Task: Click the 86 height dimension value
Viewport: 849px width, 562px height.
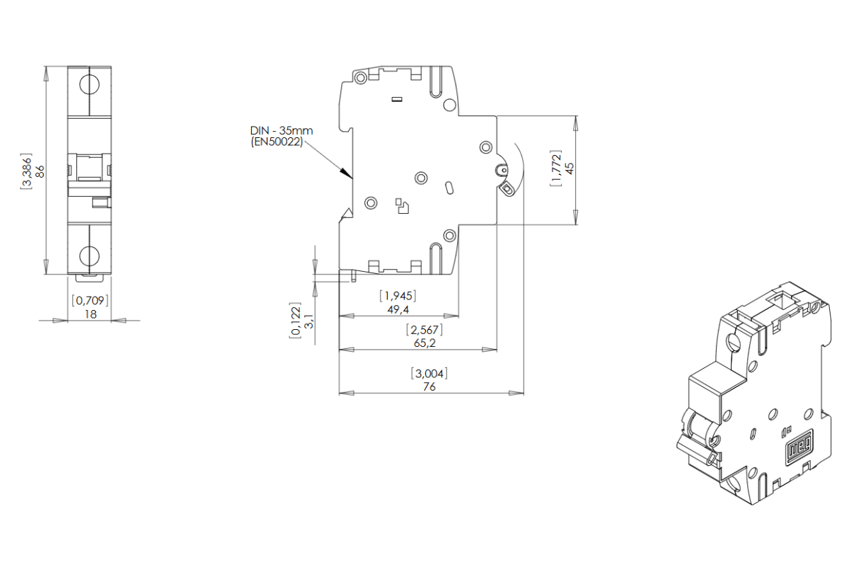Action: click(40, 171)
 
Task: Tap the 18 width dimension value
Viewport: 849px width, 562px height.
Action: click(91, 314)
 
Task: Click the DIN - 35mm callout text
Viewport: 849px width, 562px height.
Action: click(281, 131)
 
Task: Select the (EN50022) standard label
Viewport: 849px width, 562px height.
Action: click(277, 142)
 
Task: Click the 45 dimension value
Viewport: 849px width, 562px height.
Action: click(570, 168)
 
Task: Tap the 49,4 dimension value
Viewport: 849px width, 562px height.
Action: click(398, 309)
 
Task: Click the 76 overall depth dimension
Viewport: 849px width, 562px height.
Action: click(429, 386)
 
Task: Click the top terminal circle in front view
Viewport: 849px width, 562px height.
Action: click(89, 84)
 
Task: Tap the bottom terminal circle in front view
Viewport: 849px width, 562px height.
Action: click(89, 255)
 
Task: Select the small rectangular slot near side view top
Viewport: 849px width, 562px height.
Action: click(397, 100)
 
